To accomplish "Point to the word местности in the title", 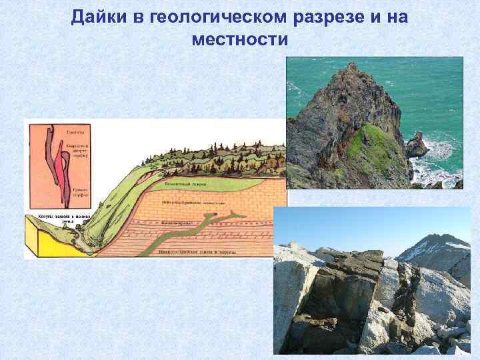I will pos(239,40).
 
